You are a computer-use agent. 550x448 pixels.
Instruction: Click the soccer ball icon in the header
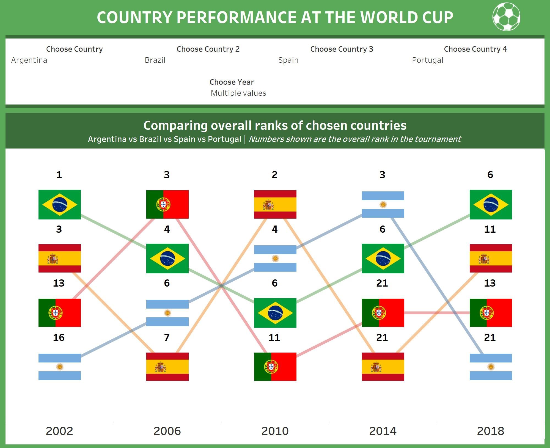[506, 17]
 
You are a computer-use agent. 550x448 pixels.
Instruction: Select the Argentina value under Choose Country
[29, 60]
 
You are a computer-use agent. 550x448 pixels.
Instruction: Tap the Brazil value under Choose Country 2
[155, 60]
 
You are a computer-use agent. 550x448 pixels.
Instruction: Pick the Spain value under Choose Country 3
[288, 60]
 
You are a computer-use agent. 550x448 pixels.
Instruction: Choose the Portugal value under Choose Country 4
[427, 60]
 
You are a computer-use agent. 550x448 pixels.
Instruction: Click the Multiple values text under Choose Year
[238, 93]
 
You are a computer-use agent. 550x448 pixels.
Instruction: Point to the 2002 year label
[59, 431]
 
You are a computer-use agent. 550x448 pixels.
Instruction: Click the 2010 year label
[275, 431]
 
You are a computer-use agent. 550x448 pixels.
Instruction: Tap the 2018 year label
[491, 431]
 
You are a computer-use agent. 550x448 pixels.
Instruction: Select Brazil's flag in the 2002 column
[60, 205]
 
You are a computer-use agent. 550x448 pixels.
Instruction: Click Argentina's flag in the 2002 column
[60, 367]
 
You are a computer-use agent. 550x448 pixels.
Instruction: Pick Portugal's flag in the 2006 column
[167, 205]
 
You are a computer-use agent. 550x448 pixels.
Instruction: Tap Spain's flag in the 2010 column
[275, 205]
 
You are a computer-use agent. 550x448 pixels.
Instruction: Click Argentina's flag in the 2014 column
[383, 205]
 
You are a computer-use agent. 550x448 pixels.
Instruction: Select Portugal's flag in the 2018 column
[491, 313]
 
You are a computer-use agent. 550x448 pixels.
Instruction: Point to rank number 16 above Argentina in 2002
[59, 337]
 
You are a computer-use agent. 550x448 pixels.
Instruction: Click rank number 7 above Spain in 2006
[167, 337]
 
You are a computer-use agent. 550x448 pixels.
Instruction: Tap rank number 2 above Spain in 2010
[275, 175]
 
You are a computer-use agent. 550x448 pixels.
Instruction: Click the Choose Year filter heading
[232, 82]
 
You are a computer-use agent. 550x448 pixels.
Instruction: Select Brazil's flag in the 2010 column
[275, 313]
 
